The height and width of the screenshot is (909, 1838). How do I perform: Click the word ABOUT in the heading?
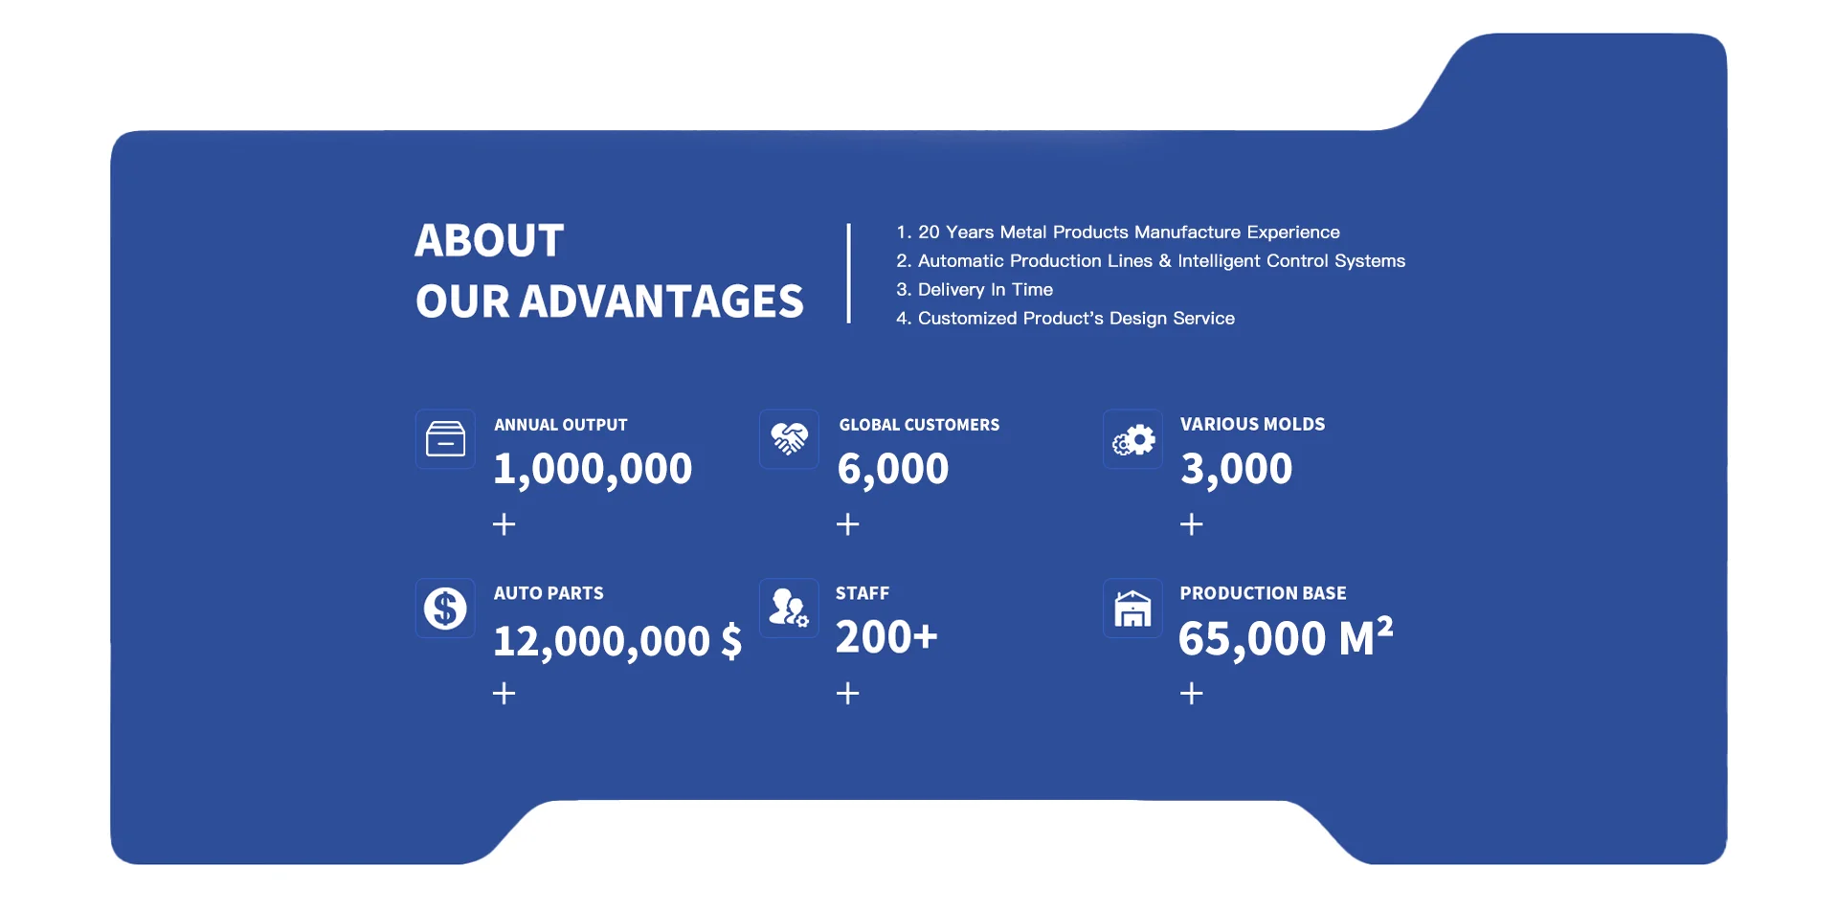click(489, 240)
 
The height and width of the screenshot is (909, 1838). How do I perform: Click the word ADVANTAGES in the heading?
click(661, 301)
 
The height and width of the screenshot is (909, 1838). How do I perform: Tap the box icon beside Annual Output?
click(445, 439)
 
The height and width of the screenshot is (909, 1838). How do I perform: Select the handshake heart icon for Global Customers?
click(789, 439)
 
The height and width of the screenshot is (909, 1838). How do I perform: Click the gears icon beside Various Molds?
click(1133, 440)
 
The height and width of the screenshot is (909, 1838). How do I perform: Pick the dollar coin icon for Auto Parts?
click(445, 608)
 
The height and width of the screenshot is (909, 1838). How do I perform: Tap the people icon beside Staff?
click(789, 608)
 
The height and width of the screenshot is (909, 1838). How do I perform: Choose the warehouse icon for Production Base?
click(1132, 609)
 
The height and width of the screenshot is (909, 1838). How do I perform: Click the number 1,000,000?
click(593, 469)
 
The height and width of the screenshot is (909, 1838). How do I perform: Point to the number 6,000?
click(893, 469)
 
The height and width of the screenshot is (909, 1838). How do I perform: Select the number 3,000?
click(1237, 469)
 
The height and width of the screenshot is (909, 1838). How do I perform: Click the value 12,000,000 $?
click(617, 641)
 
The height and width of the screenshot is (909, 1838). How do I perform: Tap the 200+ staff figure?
click(886, 637)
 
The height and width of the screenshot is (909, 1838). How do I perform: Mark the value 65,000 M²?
click(1286, 638)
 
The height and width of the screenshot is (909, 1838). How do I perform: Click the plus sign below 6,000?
click(847, 524)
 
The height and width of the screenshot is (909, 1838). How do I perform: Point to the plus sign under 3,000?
click(1191, 524)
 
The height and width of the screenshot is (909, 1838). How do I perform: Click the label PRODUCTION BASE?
click(1263, 593)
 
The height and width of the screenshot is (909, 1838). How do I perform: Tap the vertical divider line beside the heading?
click(848, 274)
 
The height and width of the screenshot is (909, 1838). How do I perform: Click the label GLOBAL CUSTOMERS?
click(919, 425)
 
